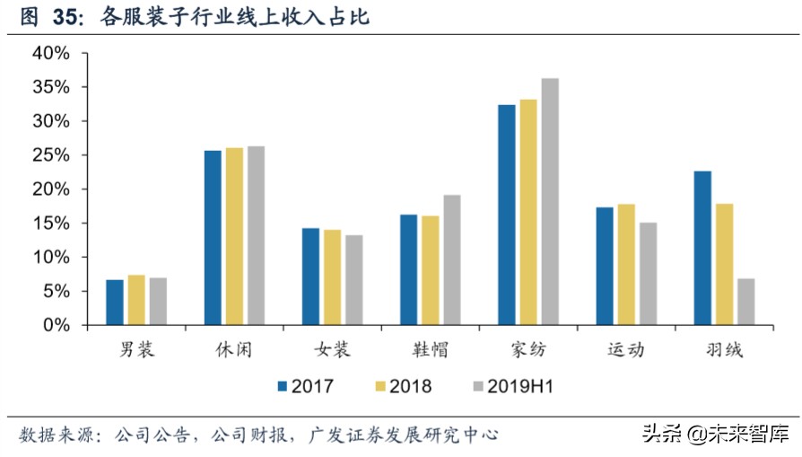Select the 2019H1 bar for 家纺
(550, 202)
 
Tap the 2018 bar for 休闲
(234, 236)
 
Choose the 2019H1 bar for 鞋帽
(451, 259)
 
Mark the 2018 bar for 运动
(626, 264)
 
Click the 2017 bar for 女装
(310, 277)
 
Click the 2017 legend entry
(305, 387)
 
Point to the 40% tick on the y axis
(50, 53)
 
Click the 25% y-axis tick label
(50, 155)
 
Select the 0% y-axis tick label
(56, 325)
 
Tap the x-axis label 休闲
(234, 349)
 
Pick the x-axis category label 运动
(625, 349)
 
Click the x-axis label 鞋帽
(430, 349)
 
